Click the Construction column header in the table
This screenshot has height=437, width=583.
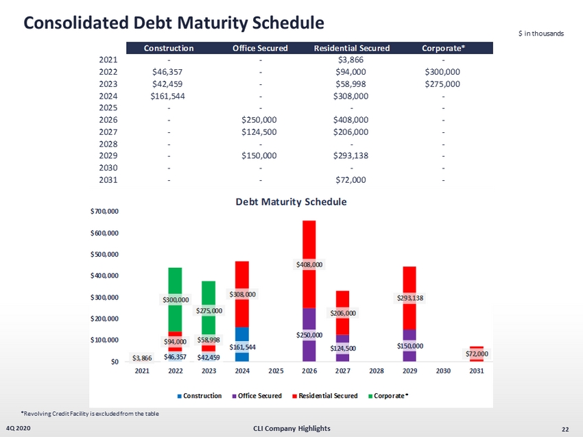coord(169,48)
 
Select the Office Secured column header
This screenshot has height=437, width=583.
coord(260,48)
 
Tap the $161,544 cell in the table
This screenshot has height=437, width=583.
coord(169,95)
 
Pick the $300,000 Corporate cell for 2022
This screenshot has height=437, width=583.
coord(442,71)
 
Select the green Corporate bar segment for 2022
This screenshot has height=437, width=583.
coord(175,281)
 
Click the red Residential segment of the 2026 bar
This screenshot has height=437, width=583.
coord(309,240)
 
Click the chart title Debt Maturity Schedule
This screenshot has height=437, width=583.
coord(291,202)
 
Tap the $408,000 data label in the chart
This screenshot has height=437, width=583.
coord(309,264)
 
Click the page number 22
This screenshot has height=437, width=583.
coord(564,429)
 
